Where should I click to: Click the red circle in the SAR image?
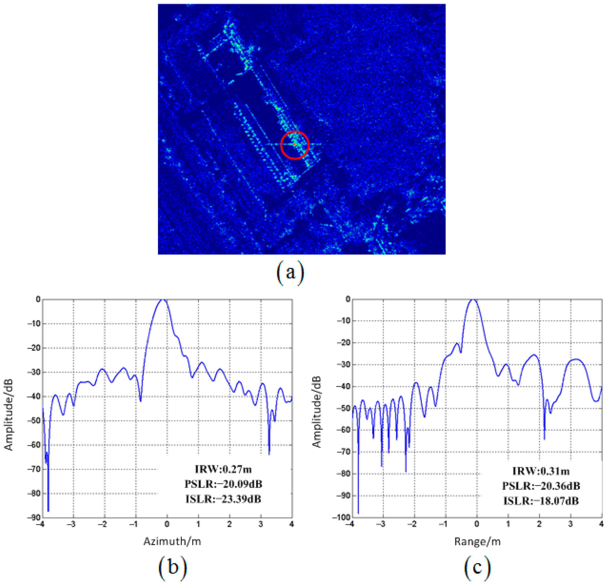[x=295, y=145]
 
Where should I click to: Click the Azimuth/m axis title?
[x=172, y=541]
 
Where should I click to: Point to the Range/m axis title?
[x=477, y=541]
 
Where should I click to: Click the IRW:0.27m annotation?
[x=223, y=469]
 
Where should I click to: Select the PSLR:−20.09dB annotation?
[x=223, y=484]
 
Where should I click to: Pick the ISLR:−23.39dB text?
[x=223, y=499]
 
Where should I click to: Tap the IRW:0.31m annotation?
[x=541, y=471]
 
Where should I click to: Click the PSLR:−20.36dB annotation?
[x=541, y=486]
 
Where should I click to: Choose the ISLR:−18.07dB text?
[x=541, y=501]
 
